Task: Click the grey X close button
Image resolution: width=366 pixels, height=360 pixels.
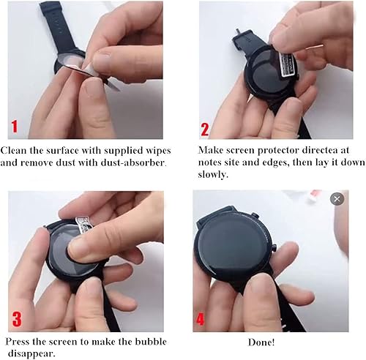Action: point(337,199)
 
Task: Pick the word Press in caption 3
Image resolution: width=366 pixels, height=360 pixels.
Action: point(20,342)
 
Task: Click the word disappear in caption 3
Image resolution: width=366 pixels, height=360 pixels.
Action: point(31,354)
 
